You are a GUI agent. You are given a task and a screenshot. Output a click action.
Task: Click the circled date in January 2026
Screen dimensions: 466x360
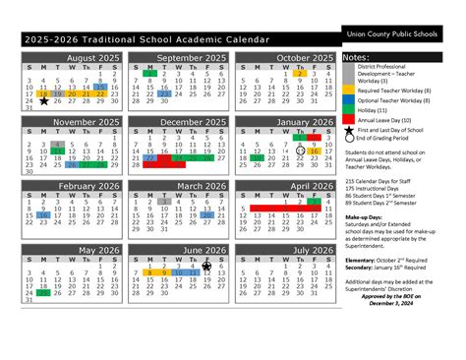tap(300, 150)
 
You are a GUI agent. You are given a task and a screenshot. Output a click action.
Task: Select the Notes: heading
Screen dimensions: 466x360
tap(356, 58)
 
